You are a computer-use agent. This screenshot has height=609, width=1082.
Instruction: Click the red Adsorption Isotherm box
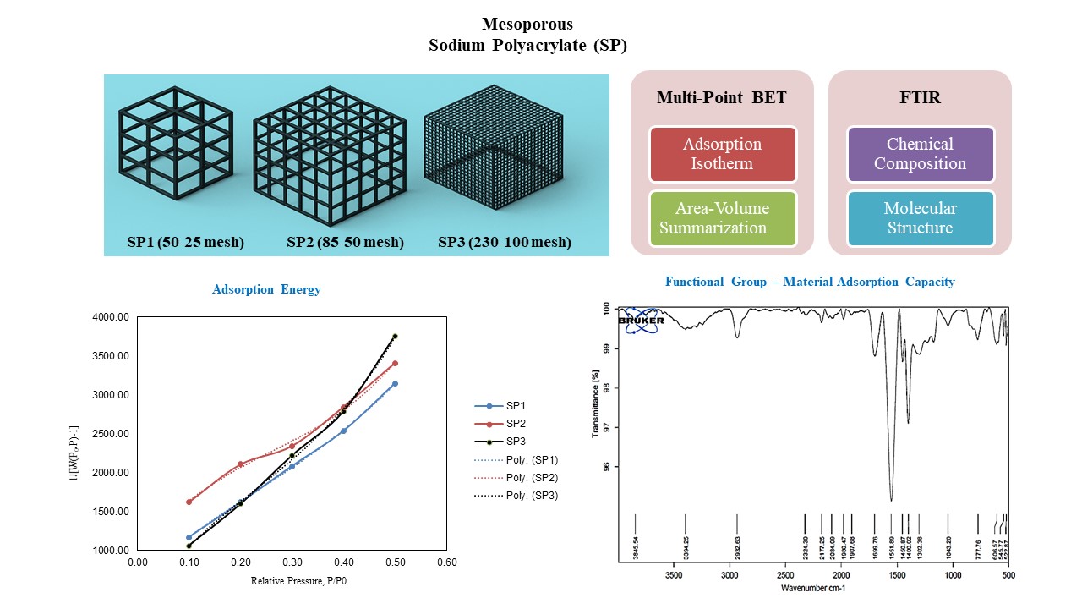click(x=723, y=154)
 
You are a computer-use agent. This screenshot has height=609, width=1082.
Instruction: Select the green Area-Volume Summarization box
click(x=723, y=218)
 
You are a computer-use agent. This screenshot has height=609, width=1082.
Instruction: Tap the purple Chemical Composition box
click(x=920, y=154)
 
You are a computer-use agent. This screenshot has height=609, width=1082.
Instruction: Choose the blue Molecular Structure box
click(x=920, y=218)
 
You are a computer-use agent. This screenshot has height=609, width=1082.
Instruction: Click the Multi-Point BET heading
click(x=722, y=97)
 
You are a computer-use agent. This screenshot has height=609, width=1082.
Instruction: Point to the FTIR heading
click(x=920, y=97)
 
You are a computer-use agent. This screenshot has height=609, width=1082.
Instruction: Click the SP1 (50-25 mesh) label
click(x=185, y=243)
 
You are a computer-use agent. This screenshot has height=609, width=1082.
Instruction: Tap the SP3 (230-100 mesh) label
click(x=505, y=243)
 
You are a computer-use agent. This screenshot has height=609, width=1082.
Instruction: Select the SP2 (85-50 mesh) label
click(x=345, y=243)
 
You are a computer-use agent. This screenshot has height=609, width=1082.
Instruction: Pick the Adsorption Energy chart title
click(x=266, y=289)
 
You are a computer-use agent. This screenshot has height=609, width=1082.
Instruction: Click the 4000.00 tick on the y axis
click(x=110, y=317)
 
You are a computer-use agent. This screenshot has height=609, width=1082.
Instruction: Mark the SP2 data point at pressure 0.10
click(x=189, y=502)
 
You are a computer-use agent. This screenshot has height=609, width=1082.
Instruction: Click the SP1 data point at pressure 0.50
click(x=395, y=383)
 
